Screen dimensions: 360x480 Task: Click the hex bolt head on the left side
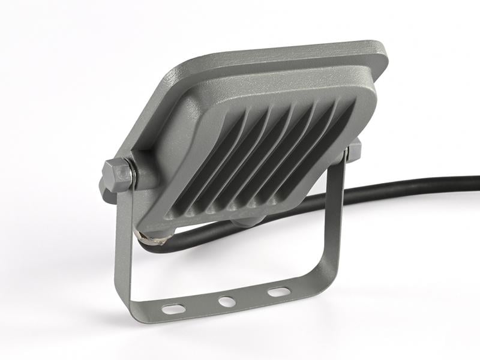117,175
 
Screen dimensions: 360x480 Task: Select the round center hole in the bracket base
227,301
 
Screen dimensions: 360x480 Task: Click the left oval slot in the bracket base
175,308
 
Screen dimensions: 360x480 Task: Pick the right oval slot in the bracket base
278,292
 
